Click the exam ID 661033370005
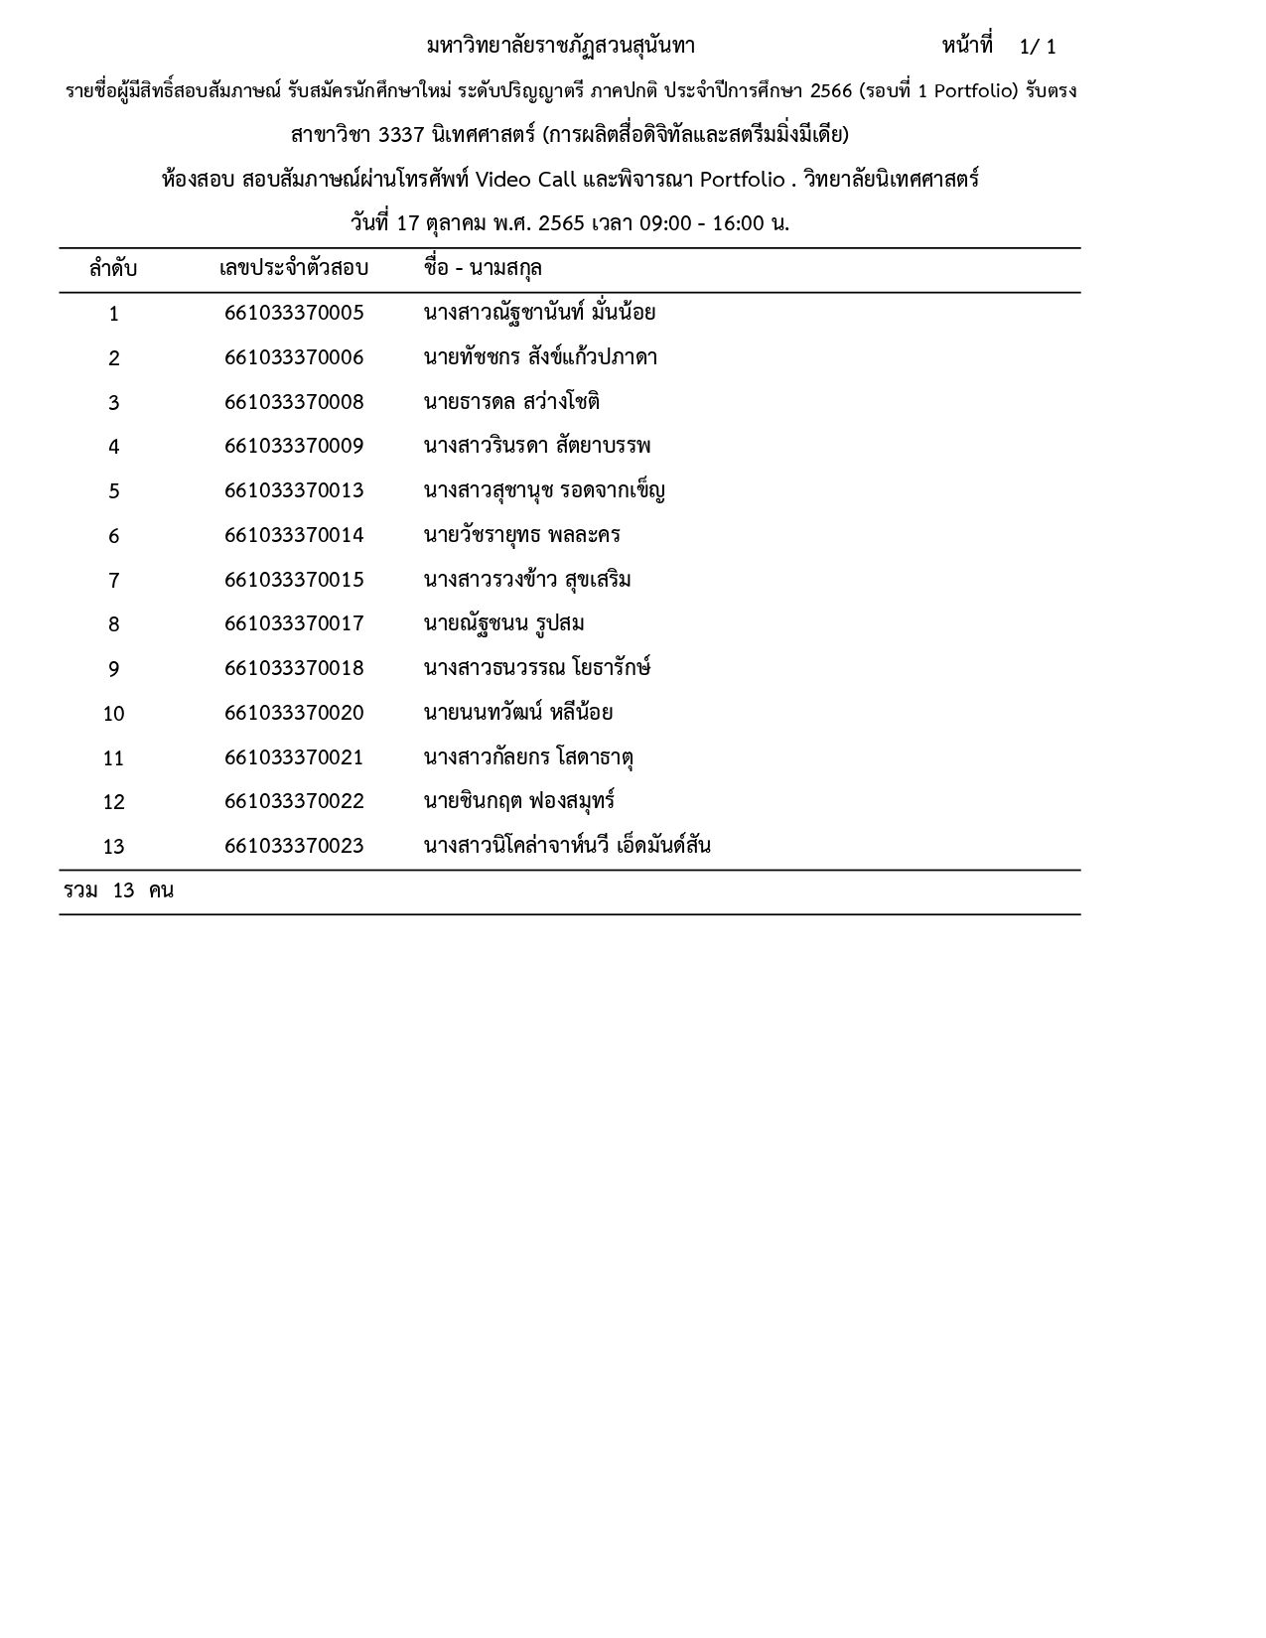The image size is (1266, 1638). (x=294, y=314)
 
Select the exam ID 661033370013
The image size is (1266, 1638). (x=294, y=491)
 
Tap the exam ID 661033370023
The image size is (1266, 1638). (x=294, y=847)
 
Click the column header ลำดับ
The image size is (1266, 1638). (x=113, y=269)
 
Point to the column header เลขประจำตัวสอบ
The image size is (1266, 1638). (x=294, y=269)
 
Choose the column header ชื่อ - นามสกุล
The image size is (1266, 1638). (x=483, y=269)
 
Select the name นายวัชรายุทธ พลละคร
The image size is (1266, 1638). (x=521, y=536)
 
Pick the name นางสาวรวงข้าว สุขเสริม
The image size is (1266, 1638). (x=527, y=581)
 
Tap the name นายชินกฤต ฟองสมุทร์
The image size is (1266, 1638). (x=519, y=802)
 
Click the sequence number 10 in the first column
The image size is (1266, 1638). (x=113, y=714)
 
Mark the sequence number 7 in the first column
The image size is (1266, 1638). (x=113, y=581)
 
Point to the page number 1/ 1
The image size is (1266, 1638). (x=1038, y=48)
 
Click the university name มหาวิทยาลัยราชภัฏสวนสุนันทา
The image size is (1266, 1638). (x=561, y=47)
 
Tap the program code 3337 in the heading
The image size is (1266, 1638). (x=401, y=135)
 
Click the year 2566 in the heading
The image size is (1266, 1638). (x=831, y=92)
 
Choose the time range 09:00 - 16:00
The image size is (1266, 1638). (x=701, y=223)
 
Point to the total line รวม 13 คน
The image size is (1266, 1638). (x=118, y=891)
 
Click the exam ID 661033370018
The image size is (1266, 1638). (x=294, y=669)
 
